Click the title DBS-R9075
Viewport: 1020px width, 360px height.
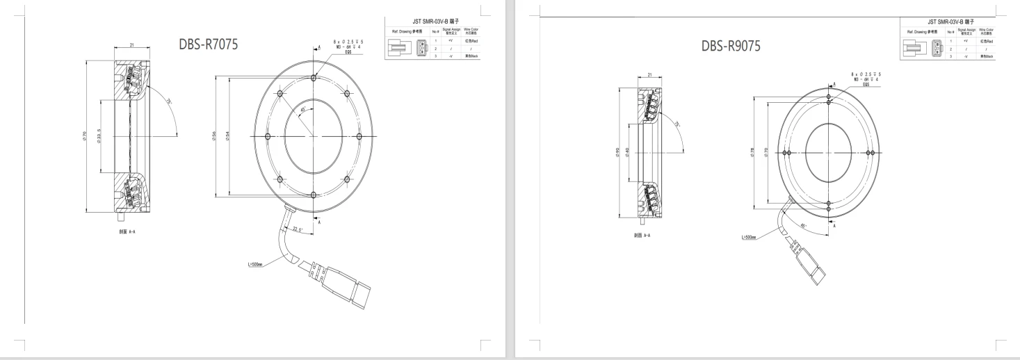coord(731,46)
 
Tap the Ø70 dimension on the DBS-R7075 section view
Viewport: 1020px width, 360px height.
coord(84,136)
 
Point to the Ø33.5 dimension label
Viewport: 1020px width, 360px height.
coord(100,136)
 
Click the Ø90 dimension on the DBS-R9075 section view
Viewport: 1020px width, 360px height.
coord(617,153)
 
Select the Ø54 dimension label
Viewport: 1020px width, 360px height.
coord(227,136)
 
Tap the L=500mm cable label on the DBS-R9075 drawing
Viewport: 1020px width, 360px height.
coord(749,238)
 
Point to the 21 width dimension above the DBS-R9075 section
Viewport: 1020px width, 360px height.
coord(649,74)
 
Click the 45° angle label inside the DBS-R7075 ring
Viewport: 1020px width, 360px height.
coord(303,109)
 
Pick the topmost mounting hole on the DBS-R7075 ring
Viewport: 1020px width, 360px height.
coord(314,78)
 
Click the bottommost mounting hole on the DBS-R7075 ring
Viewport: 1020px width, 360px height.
coord(314,195)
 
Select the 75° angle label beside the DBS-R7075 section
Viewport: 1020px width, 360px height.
coord(169,102)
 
